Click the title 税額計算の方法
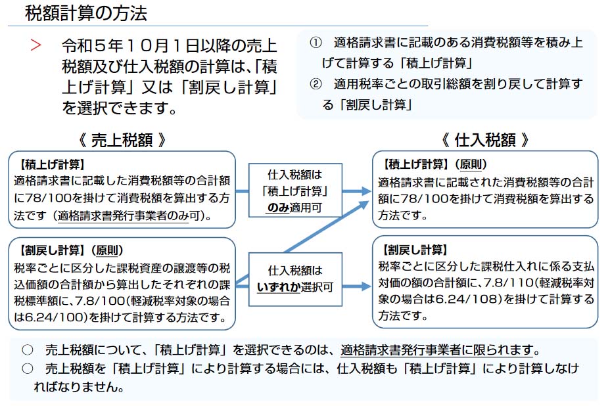pyautogui.click(x=86, y=13)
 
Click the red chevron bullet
pyautogui.click(x=35, y=45)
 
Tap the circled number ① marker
pyautogui.click(x=316, y=43)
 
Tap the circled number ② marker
pyautogui.click(x=316, y=83)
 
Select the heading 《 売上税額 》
pyautogui.click(x=122, y=140)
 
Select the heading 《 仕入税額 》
pyautogui.click(x=485, y=140)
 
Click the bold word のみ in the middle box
pyautogui.click(x=278, y=208)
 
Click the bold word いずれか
pyautogui.click(x=278, y=287)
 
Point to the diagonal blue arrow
pyautogui.click(x=326, y=227)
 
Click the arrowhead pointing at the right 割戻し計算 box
pyautogui.click(x=365, y=286)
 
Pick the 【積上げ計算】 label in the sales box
pyautogui.click(x=52, y=164)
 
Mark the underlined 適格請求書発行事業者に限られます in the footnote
pyautogui.click(x=436, y=350)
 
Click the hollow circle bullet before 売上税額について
pyautogui.click(x=28, y=350)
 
